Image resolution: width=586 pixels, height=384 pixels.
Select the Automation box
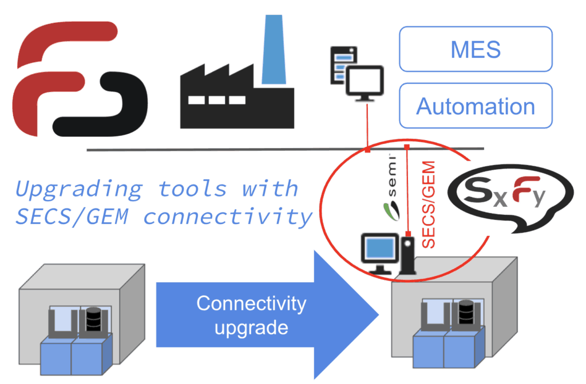475,106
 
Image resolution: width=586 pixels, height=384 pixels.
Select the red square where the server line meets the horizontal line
367,150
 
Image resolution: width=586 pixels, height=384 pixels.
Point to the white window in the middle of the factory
216,100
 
